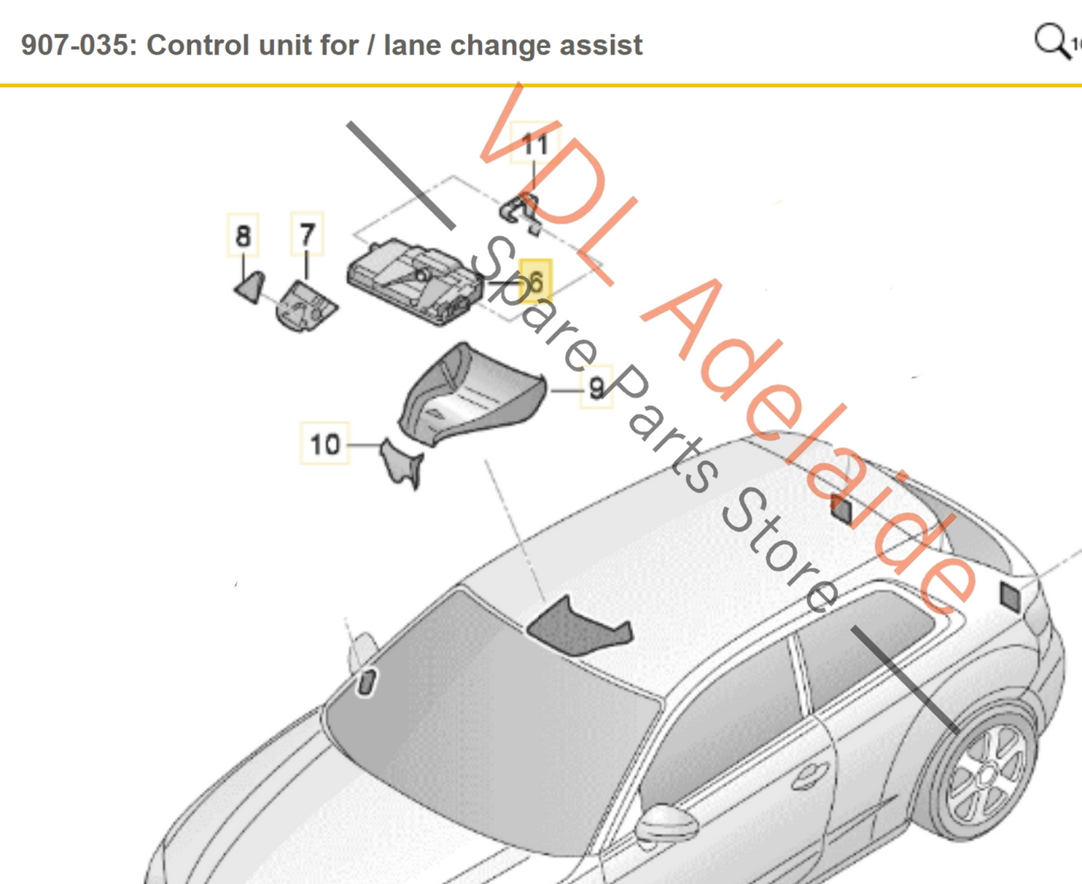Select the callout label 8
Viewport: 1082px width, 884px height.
[x=243, y=236]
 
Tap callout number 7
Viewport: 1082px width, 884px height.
[x=307, y=234]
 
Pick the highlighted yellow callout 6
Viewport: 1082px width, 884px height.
[x=535, y=282]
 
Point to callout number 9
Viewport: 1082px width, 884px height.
[x=597, y=388]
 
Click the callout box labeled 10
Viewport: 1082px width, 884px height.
[x=325, y=444]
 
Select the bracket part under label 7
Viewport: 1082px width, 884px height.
[x=306, y=305]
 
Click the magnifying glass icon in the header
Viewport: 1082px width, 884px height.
[x=1051, y=40]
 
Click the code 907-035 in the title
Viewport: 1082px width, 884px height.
[x=74, y=45]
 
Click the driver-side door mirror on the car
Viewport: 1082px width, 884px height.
[x=663, y=823]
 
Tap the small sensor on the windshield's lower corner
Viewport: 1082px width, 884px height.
[x=367, y=682]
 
